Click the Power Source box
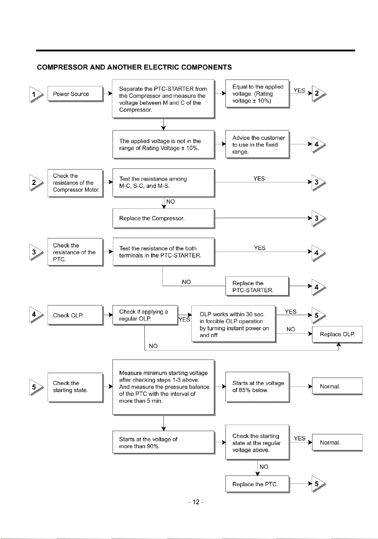coord(75,94)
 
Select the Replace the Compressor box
coord(163,218)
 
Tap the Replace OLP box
coord(337,334)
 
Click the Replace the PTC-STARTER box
coord(257,286)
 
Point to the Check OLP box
coord(75,315)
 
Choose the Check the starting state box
coord(75,387)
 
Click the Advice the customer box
coord(257,144)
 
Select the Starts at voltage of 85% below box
coord(257,387)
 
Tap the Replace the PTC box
coord(257,484)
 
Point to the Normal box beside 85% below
coord(337,386)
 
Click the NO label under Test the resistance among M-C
coord(171,202)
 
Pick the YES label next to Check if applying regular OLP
coord(184,320)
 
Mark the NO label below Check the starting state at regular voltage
coord(264,467)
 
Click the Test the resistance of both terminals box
coord(163,252)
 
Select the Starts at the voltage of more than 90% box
coord(163,442)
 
